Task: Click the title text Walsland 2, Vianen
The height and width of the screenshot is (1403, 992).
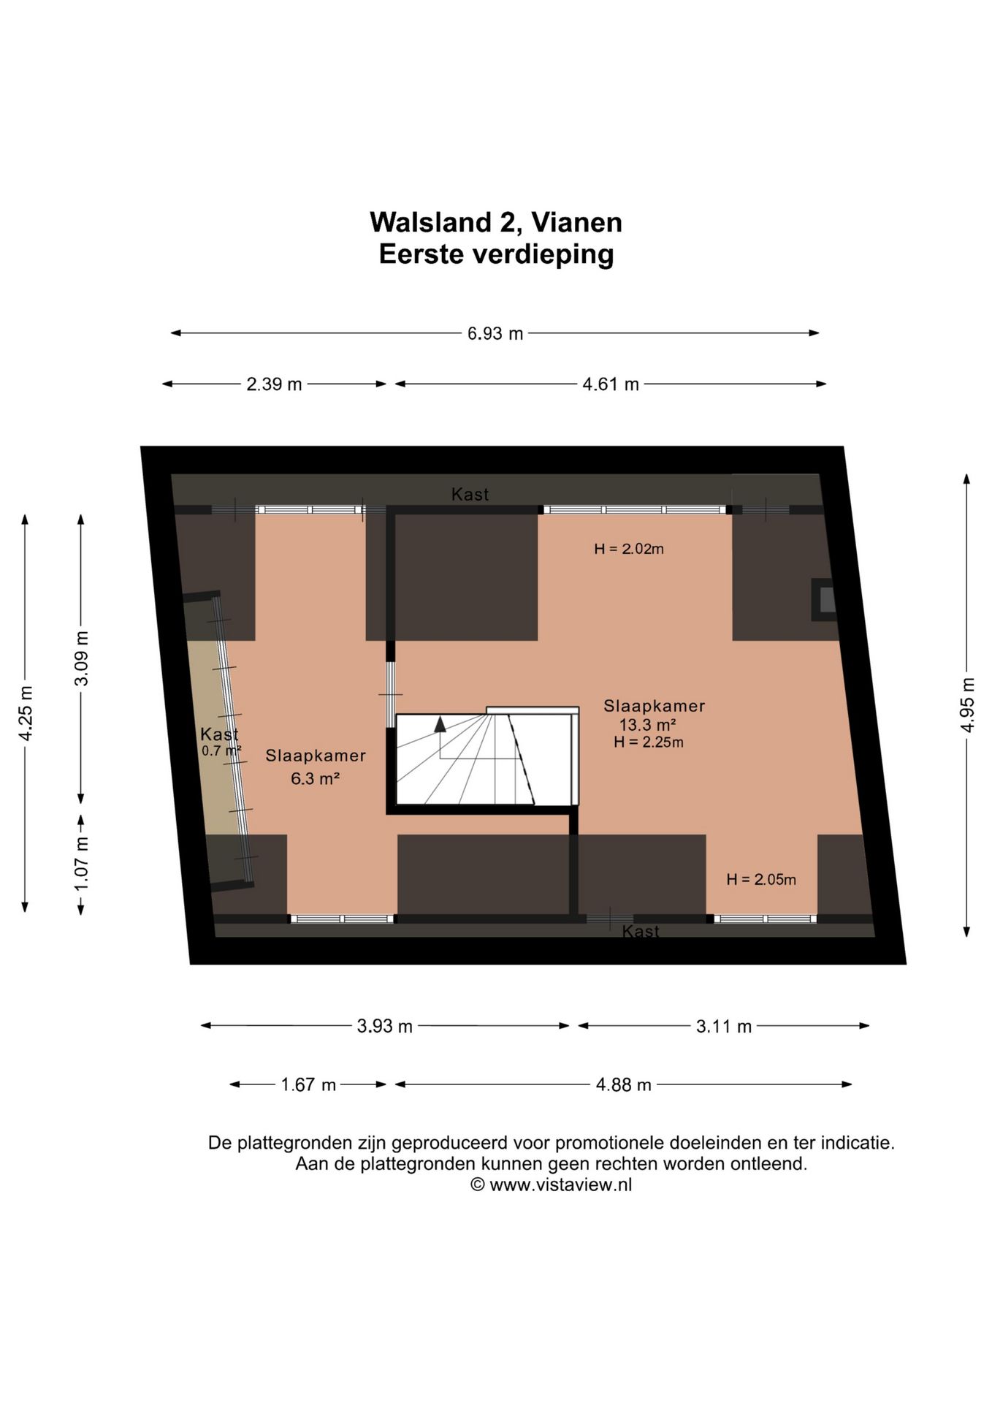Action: pyautogui.click(x=496, y=223)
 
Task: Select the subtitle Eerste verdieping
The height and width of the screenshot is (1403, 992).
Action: pyautogui.click(x=496, y=254)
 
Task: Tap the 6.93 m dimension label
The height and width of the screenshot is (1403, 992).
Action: pyautogui.click(x=495, y=334)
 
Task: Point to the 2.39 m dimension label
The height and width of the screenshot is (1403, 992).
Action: pyautogui.click(x=274, y=384)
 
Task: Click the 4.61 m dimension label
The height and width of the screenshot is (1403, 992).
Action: pyautogui.click(x=611, y=384)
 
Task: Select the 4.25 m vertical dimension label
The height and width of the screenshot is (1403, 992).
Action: pyautogui.click(x=26, y=713)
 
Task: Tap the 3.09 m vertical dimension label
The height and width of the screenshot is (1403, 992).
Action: pyautogui.click(x=82, y=658)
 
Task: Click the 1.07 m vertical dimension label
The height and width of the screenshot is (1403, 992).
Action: pyautogui.click(x=82, y=864)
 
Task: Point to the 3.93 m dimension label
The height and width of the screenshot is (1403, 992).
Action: pyautogui.click(x=385, y=1027)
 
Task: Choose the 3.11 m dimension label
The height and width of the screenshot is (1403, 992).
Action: pyautogui.click(x=724, y=1027)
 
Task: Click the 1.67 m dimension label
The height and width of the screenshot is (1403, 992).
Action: pyautogui.click(x=308, y=1085)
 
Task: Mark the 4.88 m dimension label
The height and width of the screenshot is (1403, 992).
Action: pyautogui.click(x=624, y=1085)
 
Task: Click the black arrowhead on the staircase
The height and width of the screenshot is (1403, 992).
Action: pyautogui.click(x=440, y=724)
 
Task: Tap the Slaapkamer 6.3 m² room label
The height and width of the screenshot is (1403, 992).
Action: pyautogui.click(x=316, y=767)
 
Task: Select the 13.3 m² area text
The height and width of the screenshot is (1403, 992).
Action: pyautogui.click(x=647, y=725)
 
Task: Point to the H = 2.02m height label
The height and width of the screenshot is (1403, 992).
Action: pyautogui.click(x=629, y=549)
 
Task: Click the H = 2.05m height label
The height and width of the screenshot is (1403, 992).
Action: pyautogui.click(x=761, y=880)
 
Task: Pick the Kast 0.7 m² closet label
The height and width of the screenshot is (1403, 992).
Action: pyautogui.click(x=221, y=742)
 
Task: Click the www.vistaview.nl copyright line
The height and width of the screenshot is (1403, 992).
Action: pyautogui.click(x=552, y=1185)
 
